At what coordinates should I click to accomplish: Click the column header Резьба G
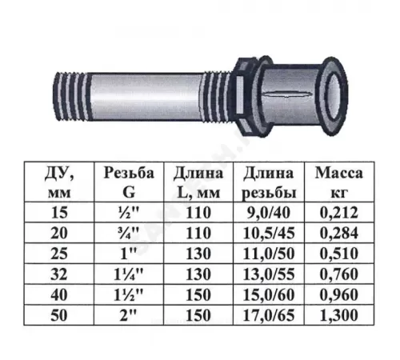pos(129,182)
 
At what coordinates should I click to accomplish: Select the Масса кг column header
pos(339,182)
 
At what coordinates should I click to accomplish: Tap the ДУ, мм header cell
pos(59,182)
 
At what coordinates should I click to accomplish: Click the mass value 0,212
pos(339,213)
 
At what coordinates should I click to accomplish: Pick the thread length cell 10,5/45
pos(269,233)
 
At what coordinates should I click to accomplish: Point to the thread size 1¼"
pos(129,274)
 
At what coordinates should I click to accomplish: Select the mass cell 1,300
pos(339,315)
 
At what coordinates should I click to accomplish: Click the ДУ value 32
pos(59,274)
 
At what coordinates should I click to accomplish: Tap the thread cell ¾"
pos(129,233)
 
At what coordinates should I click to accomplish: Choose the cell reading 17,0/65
pos(269,315)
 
